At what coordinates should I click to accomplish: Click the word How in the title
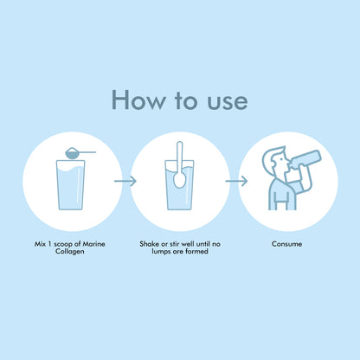point(139,100)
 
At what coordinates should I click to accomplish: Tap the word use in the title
point(228,101)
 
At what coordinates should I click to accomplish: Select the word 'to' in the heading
point(187,100)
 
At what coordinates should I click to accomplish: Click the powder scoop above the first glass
point(80,152)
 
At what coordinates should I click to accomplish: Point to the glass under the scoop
point(71,185)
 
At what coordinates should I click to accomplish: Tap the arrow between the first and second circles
point(125,181)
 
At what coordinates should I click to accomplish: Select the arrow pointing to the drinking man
point(236,181)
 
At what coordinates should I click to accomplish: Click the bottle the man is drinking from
point(305,159)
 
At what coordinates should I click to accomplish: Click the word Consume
point(286,244)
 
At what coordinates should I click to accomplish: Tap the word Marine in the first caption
point(93,244)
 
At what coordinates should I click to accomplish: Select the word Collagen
point(70,252)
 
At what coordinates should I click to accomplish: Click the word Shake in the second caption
point(150,244)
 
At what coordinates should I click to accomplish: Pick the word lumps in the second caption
point(161,252)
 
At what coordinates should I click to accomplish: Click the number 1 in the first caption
point(49,244)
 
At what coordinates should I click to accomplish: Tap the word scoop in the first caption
point(63,245)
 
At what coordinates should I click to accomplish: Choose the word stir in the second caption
point(174,244)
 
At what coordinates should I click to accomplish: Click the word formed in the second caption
point(196,252)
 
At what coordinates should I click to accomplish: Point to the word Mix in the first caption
point(40,244)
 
